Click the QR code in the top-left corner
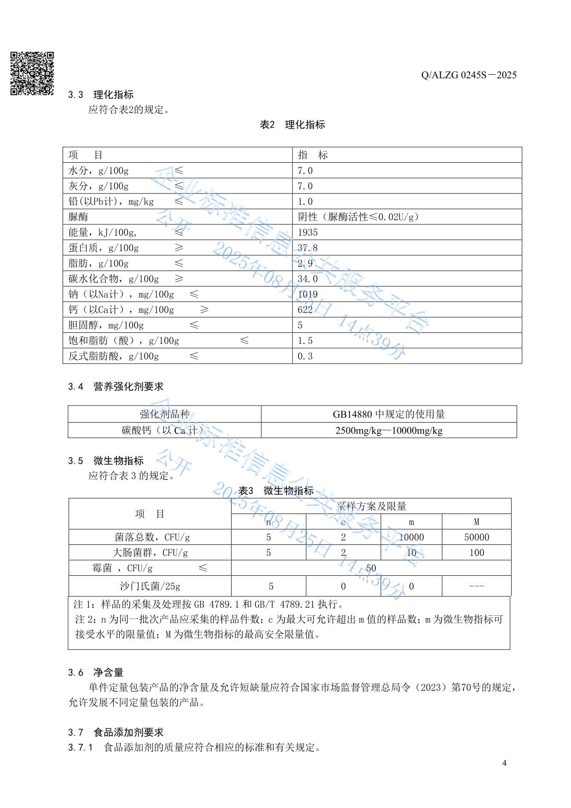click(32, 74)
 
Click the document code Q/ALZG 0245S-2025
click(469, 75)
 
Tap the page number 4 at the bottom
click(504, 763)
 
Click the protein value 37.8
click(308, 248)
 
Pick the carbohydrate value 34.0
click(308, 279)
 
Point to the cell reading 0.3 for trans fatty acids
click(305, 356)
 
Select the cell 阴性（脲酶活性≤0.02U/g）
click(359, 217)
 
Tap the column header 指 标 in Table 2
click(313, 155)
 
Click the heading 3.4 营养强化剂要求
click(116, 387)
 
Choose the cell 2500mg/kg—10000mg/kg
click(389, 431)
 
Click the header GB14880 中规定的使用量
click(389, 414)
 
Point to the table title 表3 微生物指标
click(276, 490)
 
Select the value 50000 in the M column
click(477, 537)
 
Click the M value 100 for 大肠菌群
click(477, 553)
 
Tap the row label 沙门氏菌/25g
click(150, 586)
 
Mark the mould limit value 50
click(371, 568)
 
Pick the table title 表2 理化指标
click(292, 125)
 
